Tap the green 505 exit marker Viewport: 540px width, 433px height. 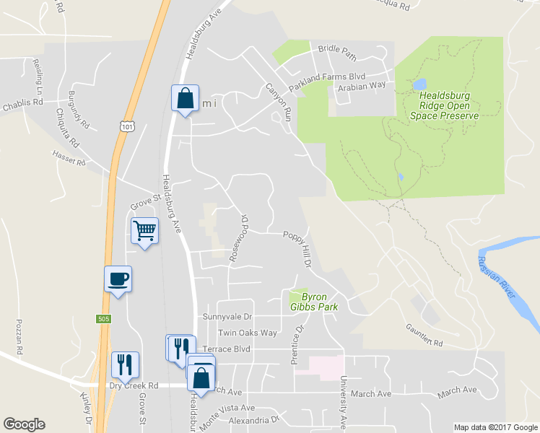103,318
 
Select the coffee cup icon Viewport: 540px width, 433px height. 118,278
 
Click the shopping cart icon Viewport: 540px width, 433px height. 144,231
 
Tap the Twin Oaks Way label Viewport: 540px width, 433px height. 248,333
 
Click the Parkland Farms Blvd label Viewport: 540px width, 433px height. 327,76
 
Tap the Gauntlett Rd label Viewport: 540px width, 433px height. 423,336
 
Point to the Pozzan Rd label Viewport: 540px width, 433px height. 20,336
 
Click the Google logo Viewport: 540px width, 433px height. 24,424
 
